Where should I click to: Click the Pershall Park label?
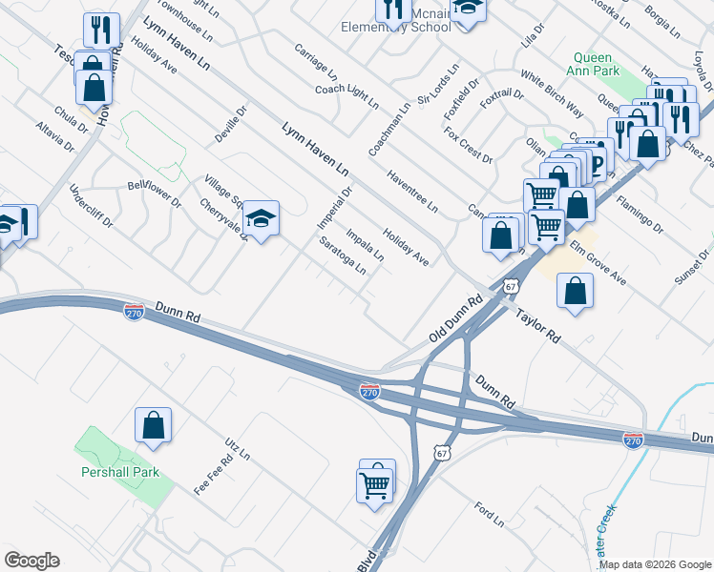[119, 472]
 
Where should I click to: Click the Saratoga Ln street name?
[343, 255]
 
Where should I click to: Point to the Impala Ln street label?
[365, 244]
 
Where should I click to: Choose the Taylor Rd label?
[537, 325]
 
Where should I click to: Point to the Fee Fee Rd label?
[214, 475]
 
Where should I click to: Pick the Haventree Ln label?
[412, 192]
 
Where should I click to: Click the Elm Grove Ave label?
[598, 262]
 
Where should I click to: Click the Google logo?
[31, 561]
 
